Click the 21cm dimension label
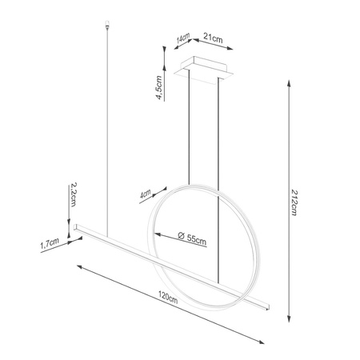point(213,38)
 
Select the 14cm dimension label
point(184,38)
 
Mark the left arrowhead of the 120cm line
point(78,267)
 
